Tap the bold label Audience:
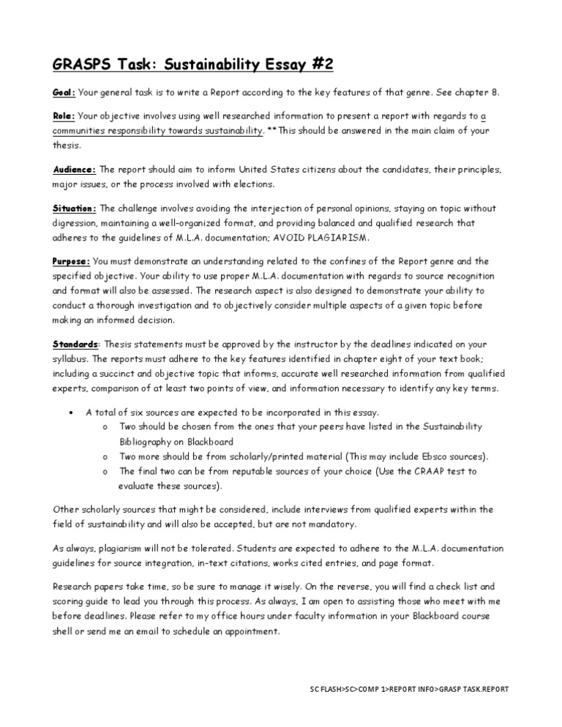pos(75,169)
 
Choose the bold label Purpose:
pos(72,261)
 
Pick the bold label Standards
pos(75,344)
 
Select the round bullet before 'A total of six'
pos(69,413)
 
